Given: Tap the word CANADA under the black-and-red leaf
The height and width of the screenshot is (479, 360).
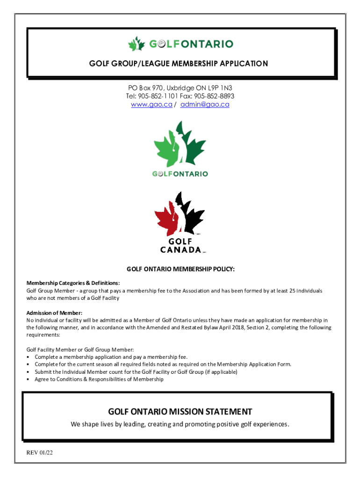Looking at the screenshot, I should point(180,249).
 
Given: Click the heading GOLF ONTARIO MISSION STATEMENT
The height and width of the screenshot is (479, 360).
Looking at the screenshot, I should point(180,412).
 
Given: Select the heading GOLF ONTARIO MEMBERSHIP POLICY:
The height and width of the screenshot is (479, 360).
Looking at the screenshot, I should point(180,269).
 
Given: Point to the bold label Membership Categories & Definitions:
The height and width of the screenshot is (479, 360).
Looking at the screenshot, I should point(73,283).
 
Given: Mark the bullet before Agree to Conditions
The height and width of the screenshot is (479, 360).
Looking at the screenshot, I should point(29,379).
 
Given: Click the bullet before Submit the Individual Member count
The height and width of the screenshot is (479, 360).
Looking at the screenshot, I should point(29,372).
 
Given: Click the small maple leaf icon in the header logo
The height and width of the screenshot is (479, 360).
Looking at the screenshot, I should point(137,44).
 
